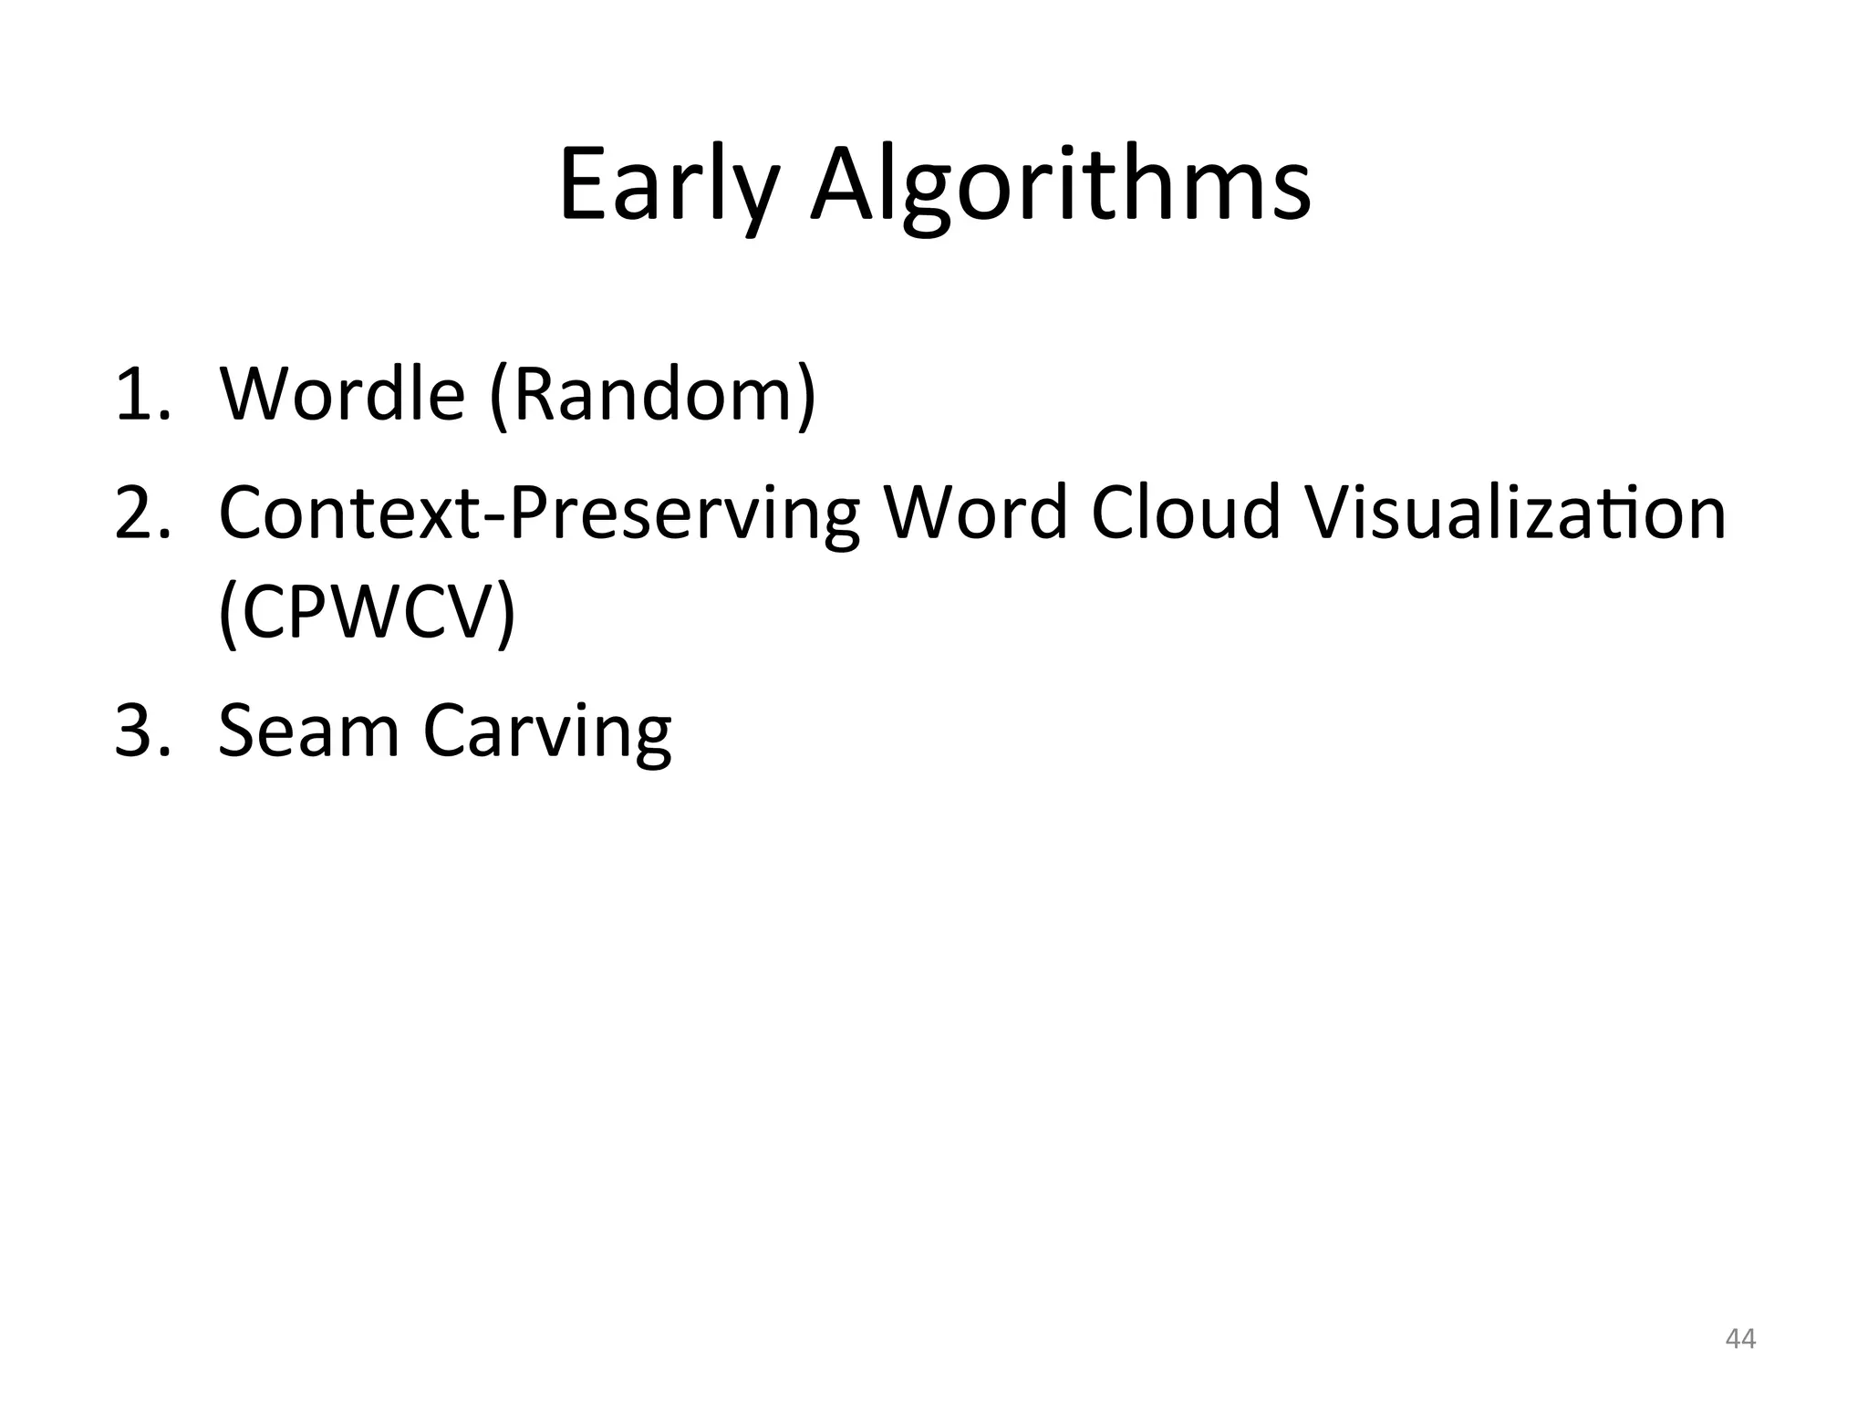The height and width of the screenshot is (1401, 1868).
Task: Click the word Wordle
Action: (x=342, y=394)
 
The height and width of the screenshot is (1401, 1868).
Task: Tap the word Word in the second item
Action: (x=976, y=512)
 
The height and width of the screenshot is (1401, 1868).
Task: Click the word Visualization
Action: (x=1515, y=512)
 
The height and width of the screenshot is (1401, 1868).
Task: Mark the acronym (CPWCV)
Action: (x=367, y=614)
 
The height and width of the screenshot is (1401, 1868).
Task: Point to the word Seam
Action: (x=308, y=732)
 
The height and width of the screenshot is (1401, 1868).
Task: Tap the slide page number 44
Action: (x=1740, y=1339)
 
